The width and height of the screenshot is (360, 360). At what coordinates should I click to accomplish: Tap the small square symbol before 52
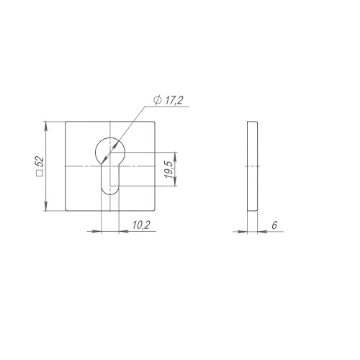(x=40, y=174)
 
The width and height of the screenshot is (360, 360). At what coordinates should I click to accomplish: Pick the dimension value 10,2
(x=141, y=225)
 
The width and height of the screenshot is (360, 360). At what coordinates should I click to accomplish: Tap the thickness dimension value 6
(x=275, y=225)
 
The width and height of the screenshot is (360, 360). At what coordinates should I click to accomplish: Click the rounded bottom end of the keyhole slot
(x=109, y=191)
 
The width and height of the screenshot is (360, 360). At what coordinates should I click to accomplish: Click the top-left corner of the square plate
(x=66, y=123)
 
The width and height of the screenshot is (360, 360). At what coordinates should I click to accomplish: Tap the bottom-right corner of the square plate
(x=154, y=211)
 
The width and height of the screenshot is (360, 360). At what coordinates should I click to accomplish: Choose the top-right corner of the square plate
(x=154, y=123)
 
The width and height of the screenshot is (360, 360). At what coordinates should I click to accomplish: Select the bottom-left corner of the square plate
(x=66, y=211)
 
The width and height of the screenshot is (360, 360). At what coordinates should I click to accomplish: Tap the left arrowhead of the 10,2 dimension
(x=98, y=231)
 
